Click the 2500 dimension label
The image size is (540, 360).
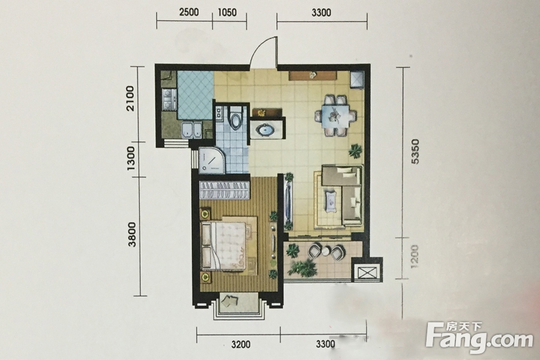coord(189,13)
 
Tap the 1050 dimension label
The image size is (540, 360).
coord(227,13)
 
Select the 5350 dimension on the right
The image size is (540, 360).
coord(415,152)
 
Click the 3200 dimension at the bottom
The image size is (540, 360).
coord(241,344)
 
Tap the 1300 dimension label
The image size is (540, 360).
coord(131,158)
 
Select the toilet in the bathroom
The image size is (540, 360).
coord(236,117)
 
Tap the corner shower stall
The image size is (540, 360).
coord(211,160)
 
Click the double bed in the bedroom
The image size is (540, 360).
coord(229,245)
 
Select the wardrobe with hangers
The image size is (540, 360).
coord(224,190)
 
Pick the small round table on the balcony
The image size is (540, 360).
coord(325,251)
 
